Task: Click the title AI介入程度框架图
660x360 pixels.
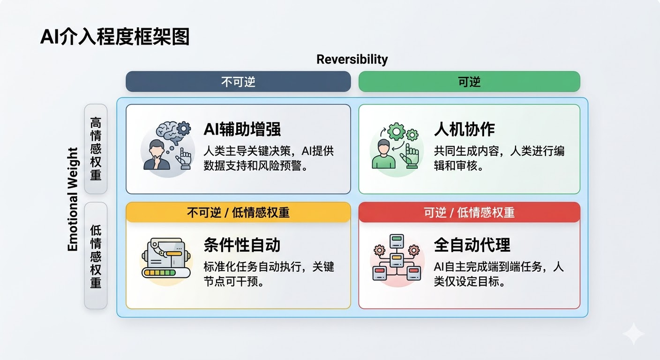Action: point(114,37)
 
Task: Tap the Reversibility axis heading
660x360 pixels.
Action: point(352,59)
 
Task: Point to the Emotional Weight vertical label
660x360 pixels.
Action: point(73,200)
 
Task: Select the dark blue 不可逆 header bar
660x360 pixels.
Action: point(238,81)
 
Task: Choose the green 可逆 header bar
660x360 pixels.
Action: point(469,81)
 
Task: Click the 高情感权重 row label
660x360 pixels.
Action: point(96,149)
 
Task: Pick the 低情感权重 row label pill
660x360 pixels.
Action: point(96,256)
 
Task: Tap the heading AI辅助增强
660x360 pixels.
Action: point(242,129)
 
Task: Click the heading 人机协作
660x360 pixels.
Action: point(465,129)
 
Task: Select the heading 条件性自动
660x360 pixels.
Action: point(242,245)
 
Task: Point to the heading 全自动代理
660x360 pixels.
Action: point(472,245)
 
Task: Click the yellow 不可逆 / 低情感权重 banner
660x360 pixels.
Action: point(238,212)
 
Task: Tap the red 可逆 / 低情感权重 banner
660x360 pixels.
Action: point(469,212)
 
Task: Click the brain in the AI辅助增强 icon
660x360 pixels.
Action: point(168,132)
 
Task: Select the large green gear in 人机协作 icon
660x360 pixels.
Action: point(397,132)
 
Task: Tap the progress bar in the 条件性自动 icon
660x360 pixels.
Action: point(166,273)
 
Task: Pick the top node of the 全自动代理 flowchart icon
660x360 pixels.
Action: point(397,241)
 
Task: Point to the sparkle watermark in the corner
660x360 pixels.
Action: point(634,334)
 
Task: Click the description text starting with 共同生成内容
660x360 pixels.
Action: point(499,158)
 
